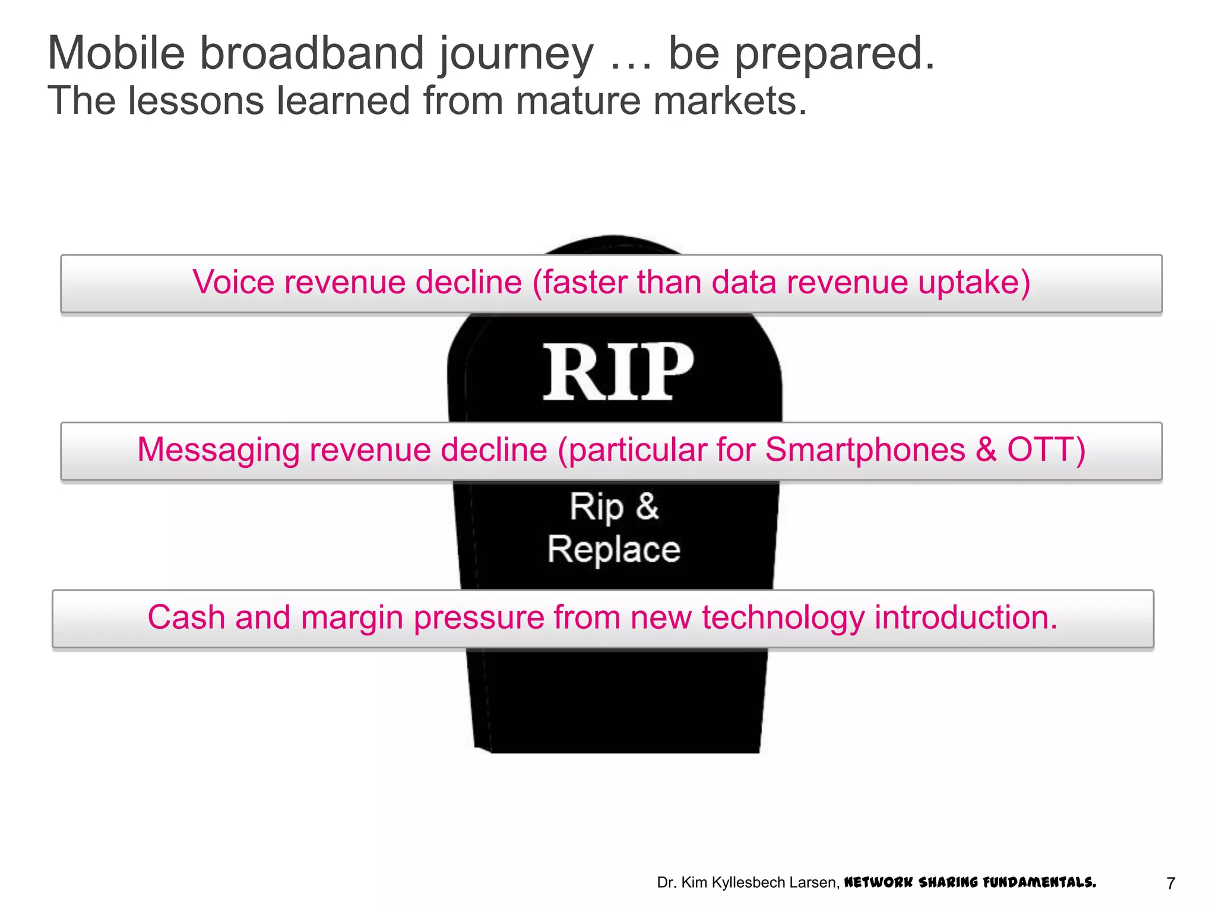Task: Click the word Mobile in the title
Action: [116, 53]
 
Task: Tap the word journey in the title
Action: [515, 55]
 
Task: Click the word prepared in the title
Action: [834, 55]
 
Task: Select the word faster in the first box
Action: [584, 282]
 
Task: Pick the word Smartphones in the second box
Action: [864, 449]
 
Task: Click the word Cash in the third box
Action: [186, 617]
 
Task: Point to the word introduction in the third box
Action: [965, 617]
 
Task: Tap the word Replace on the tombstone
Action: [613, 549]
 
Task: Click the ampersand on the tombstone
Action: [647, 506]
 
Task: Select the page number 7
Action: [1170, 883]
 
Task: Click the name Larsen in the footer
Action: [814, 883]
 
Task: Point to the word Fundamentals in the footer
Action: [1039, 882]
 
